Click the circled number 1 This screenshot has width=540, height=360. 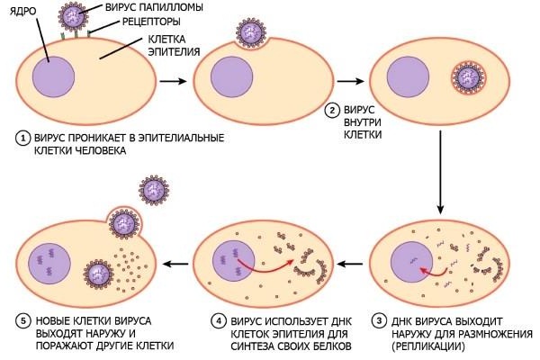[22, 138]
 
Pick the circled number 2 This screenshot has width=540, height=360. [332, 111]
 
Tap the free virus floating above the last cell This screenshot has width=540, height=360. [153, 190]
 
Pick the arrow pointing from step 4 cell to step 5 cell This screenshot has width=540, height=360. [178, 263]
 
